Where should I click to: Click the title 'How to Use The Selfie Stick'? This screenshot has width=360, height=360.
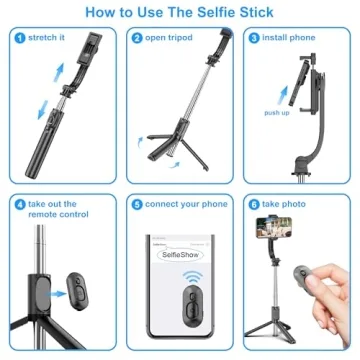pos(180,13)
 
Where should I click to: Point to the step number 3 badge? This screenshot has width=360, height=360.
pos(254,38)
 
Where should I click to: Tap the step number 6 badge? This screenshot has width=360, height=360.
pos(254,204)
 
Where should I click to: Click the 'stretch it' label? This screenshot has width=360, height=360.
pos(49,38)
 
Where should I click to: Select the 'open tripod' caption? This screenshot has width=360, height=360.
pos(171,38)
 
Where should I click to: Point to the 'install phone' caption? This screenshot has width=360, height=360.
pos(291,38)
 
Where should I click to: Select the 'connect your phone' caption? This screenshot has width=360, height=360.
pos(186,204)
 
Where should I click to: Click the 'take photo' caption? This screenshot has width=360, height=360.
pos(287,204)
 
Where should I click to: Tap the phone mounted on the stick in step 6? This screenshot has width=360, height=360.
pos(271,239)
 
